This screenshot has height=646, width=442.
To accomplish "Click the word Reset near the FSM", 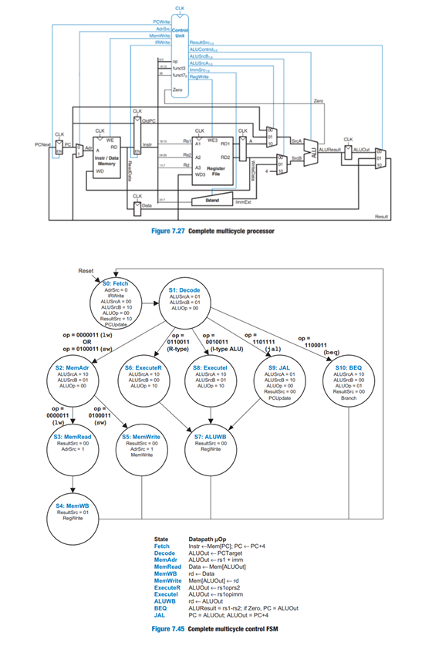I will pyautogui.click(x=86, y=271).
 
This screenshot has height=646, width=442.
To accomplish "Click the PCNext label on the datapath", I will pyautogui.click(x=45, y=144).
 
